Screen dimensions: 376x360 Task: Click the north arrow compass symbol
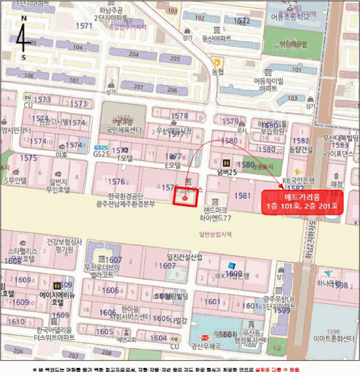[23, 38]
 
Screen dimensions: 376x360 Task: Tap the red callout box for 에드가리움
[302, 202]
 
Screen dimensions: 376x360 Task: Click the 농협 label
[217, 71]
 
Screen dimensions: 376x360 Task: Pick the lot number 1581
[243, 196]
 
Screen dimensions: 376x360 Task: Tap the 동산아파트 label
[216, 38]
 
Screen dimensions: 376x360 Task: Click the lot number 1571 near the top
[84, 26]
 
